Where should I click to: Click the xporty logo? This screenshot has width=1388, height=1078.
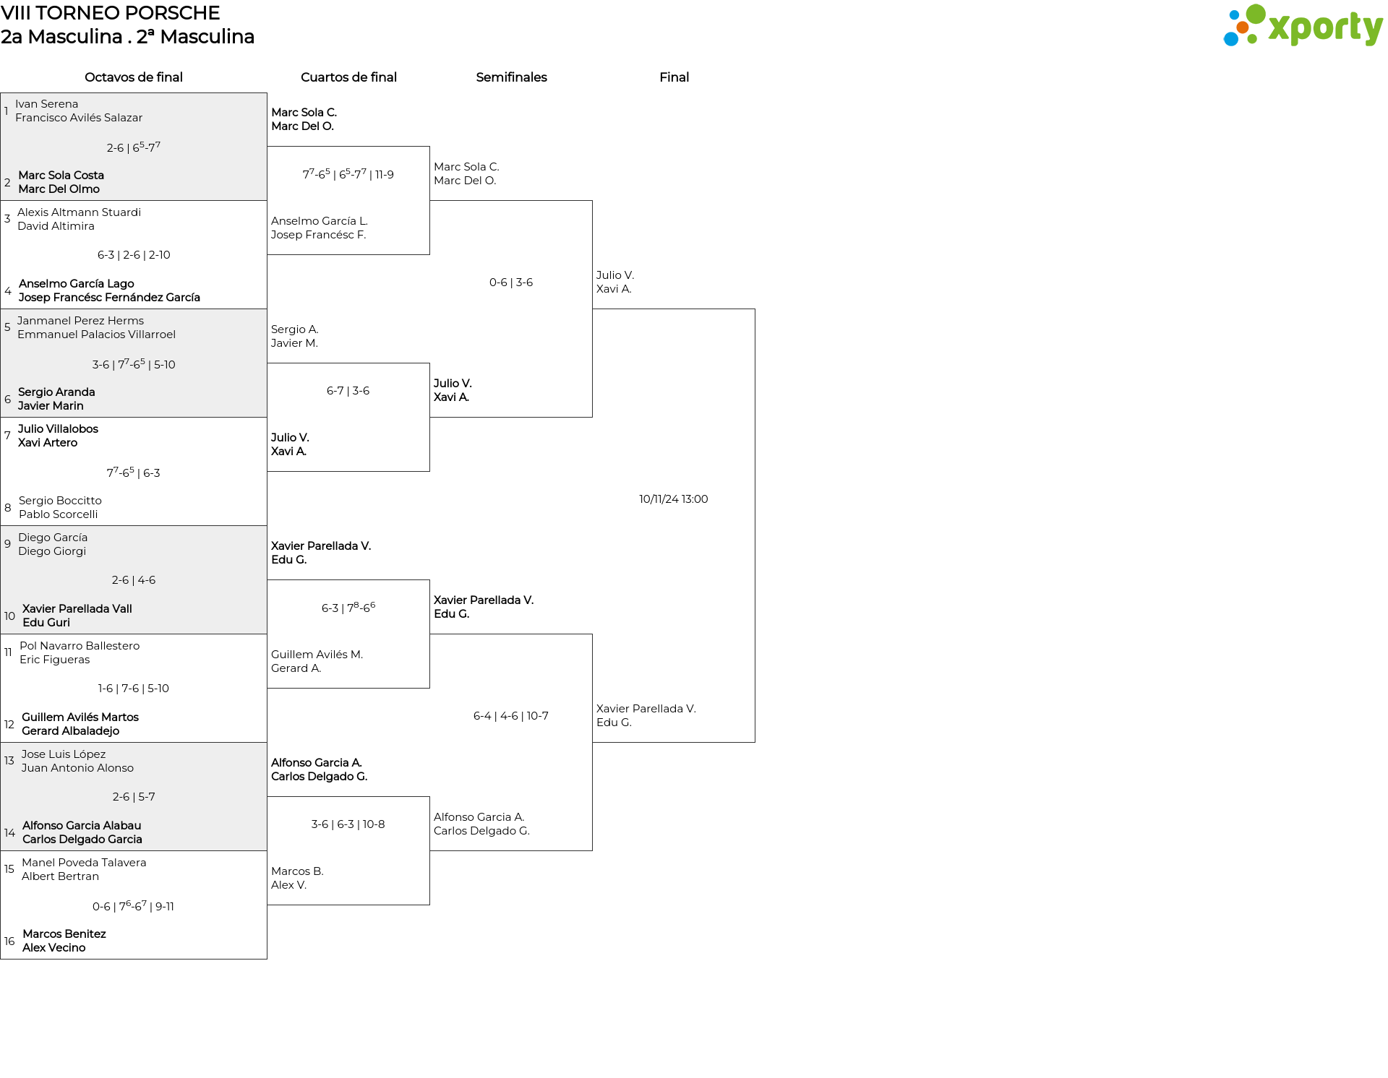(1303, 26)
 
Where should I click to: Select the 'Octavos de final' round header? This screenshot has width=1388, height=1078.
(134, 77)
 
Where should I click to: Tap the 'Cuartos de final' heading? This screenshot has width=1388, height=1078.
(348, 77)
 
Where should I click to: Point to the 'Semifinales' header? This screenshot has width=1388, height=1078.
(511, 77)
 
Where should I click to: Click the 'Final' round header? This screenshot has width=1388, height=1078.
(674, 77)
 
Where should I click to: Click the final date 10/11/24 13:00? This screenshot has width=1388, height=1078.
(674, 499)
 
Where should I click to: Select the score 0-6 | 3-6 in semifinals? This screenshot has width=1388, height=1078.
(511, 283)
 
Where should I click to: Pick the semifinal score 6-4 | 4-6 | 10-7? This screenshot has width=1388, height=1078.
(511, 716)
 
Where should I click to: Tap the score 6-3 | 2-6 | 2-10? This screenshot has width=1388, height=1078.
(134, 255)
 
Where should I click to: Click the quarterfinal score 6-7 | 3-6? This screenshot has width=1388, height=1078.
(348, 391)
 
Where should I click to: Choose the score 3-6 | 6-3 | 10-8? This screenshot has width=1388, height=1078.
(348, 824)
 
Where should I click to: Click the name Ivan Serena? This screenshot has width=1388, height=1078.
(47, 104)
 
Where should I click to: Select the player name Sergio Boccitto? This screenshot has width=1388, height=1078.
(60, 501)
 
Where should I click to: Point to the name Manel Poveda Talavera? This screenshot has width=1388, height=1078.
(84, 863)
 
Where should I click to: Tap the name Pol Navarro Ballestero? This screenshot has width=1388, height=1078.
(80, 646)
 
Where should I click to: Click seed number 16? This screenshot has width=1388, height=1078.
(9, 941)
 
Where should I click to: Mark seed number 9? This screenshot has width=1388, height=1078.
(7, 544)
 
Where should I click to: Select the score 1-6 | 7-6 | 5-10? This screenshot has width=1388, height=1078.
(134, 689)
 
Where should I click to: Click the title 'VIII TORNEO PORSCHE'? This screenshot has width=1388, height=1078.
(110, 13)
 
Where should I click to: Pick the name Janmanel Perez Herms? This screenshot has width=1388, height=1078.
(80, 321)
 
